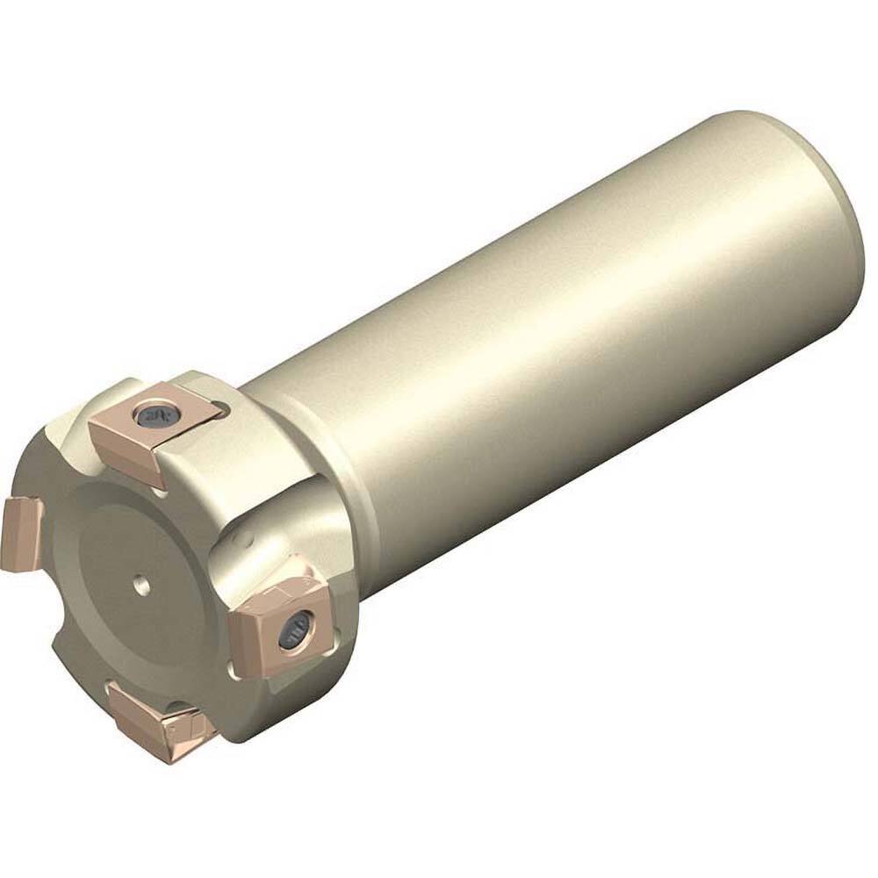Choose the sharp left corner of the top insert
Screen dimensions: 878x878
pos(90,427)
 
